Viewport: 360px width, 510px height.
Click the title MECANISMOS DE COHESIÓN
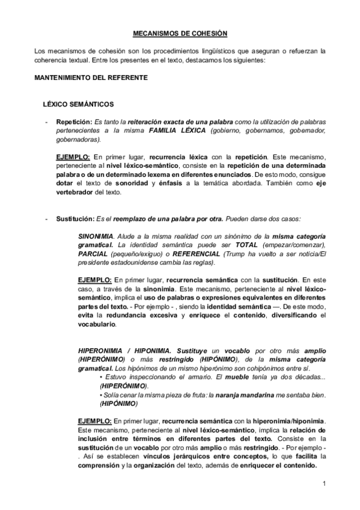click(180, 34)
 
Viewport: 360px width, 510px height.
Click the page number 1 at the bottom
click(323, 483)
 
